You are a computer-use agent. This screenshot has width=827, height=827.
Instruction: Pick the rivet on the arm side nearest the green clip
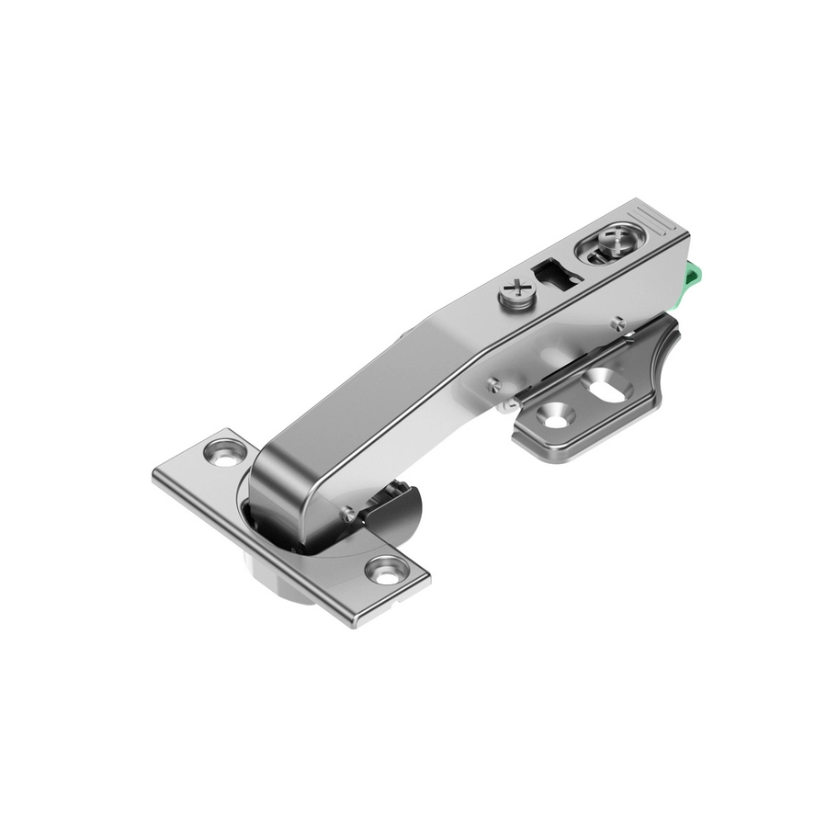[x=618, y=322]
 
